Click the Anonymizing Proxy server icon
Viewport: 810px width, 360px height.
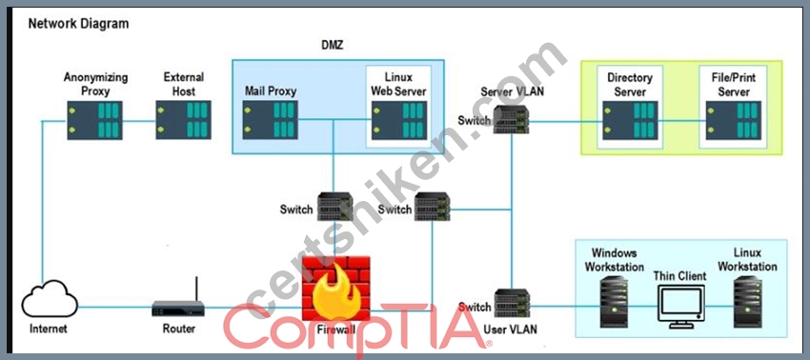(94, 120)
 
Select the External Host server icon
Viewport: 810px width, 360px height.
(183, 120)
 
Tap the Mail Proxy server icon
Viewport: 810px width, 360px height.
(271, 120)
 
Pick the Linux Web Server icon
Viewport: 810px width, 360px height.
(399, 120)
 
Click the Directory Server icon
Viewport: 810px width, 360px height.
(630, 120)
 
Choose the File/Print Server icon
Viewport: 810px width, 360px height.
(734, 120)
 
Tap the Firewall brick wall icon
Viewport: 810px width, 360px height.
(336, 289)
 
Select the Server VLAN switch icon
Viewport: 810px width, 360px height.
(512, 119)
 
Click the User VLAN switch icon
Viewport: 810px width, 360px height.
(513, 303)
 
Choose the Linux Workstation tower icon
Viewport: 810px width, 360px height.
(748, 302)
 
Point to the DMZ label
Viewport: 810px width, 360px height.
(333, 45)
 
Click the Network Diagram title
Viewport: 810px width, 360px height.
(78, 24)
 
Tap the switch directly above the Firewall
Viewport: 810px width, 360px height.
(335, 207)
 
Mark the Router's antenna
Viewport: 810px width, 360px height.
(196, 290)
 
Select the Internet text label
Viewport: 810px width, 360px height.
(49, 329)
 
